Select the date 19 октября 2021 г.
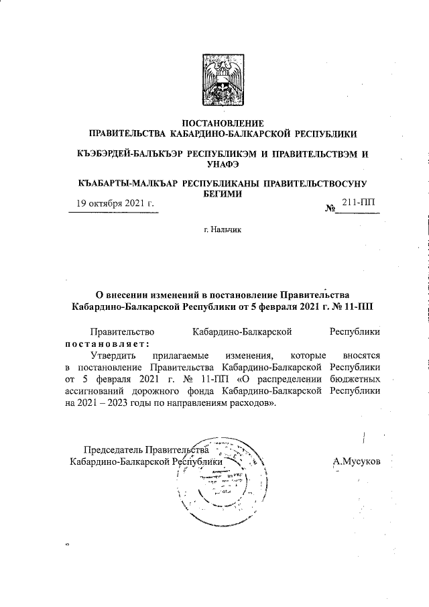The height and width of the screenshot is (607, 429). click(x=115, y=203)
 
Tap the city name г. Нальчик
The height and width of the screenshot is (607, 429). click(x=222, y=230)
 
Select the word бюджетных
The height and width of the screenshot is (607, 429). click(x=357, y=380)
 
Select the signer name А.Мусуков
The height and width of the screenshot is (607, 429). click(x=356, y=461)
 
